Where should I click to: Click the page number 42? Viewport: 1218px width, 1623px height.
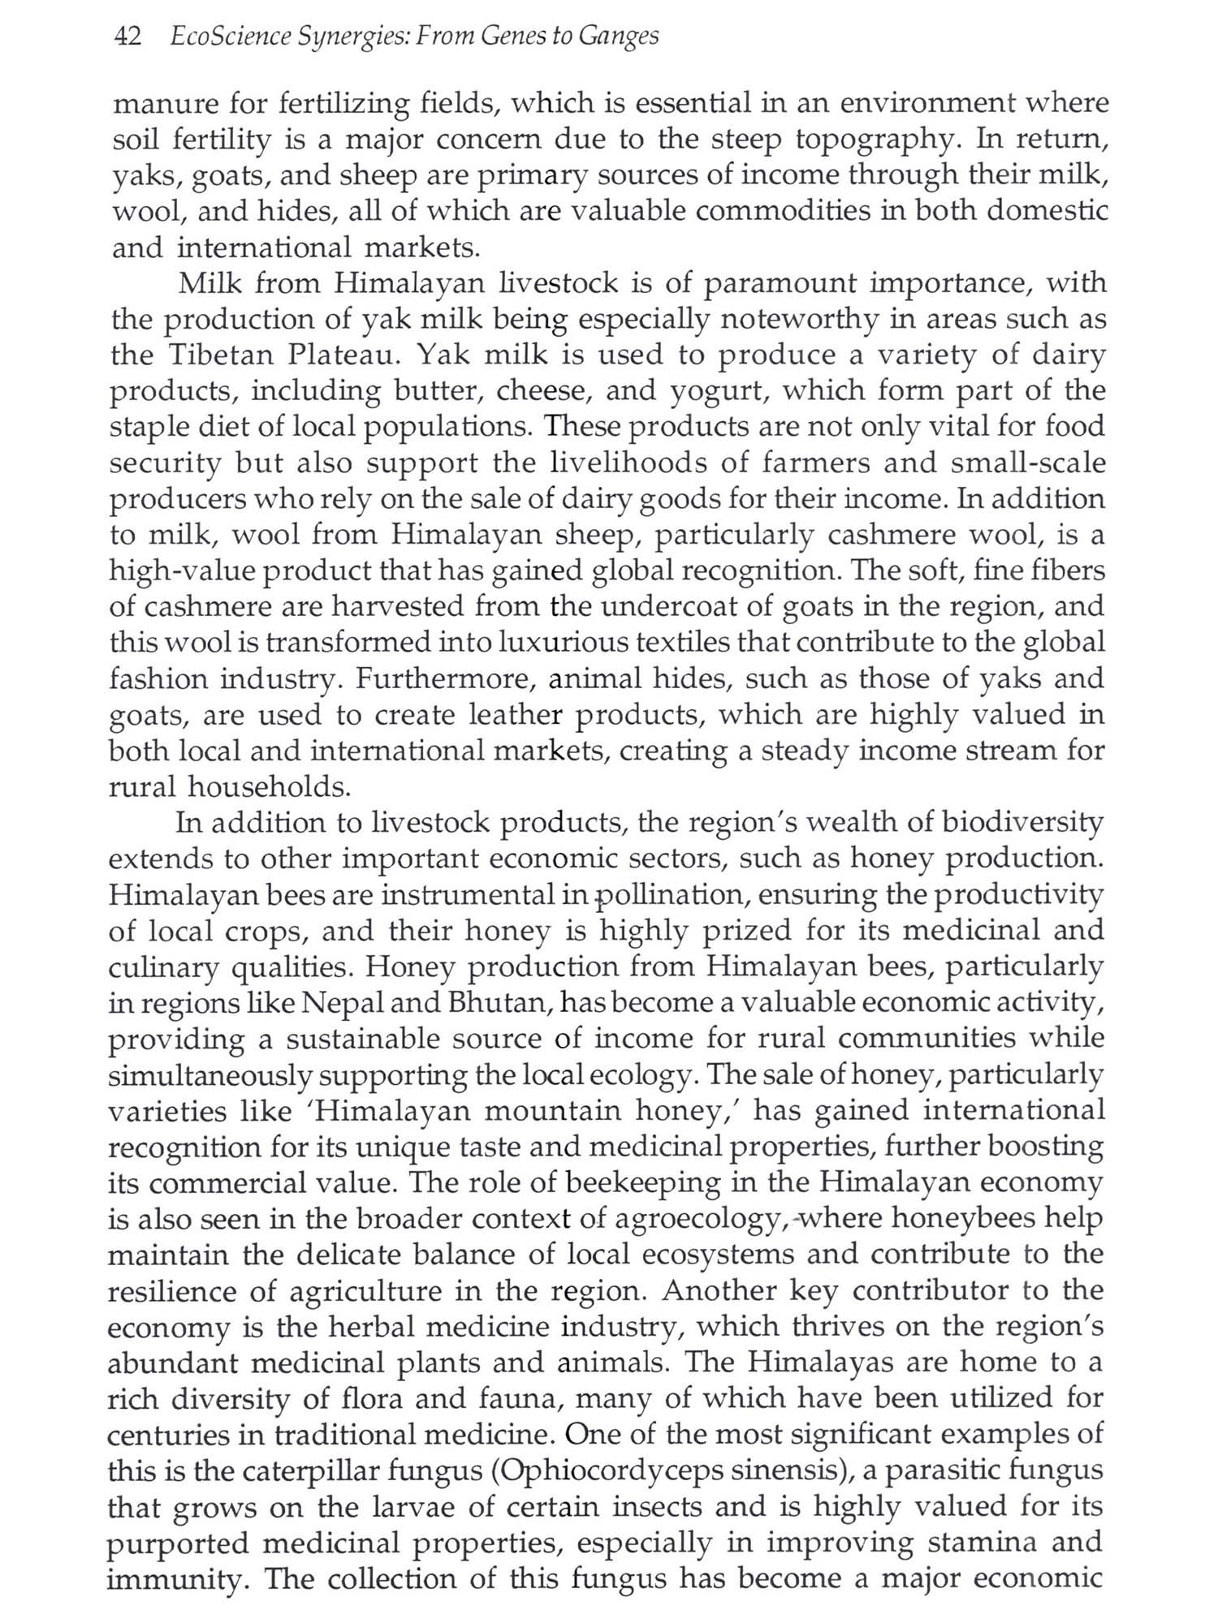[128, 37]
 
